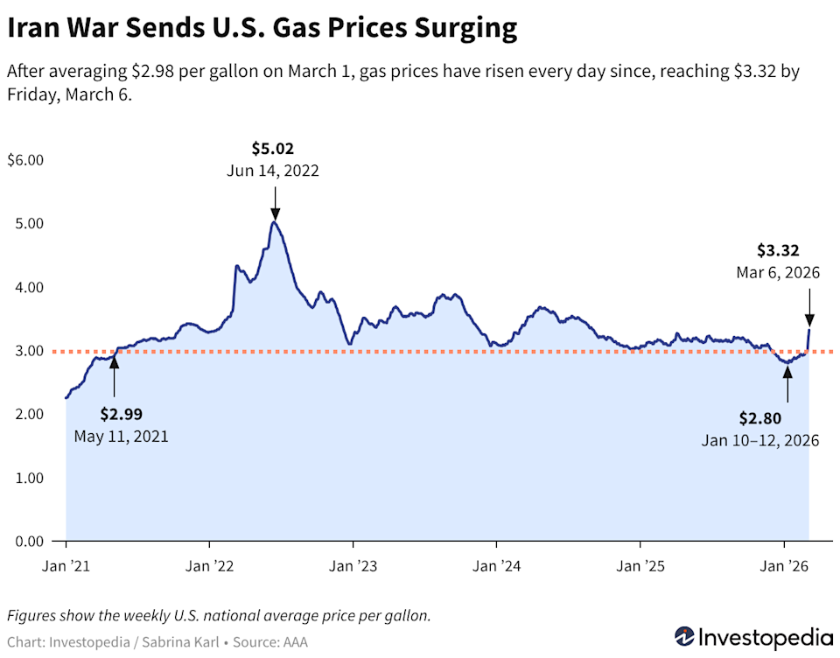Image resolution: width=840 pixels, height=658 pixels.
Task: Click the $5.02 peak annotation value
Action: [x=274, y=149]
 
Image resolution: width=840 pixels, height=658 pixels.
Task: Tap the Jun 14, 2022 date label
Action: [x=274, y=171]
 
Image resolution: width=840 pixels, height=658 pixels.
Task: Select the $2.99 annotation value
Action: [x=121, y=413]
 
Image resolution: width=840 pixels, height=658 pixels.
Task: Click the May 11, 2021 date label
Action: [x=121, y=435]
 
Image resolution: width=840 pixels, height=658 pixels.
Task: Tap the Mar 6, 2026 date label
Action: [x=778, y=273]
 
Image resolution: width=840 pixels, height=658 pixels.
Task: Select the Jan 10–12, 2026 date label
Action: [x=760, y=440]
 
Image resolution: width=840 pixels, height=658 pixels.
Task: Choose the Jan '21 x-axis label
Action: [x=66, y=566]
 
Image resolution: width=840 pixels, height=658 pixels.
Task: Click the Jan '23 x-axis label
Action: [x=352, y=566]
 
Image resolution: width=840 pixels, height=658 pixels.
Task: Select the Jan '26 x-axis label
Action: [x=785, y=566]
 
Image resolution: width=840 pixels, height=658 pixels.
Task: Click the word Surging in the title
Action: [x=458, y=29]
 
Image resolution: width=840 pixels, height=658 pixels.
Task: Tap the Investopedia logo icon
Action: [x=684, y=636]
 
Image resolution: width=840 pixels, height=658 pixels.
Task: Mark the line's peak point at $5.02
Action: [x=275, y=222]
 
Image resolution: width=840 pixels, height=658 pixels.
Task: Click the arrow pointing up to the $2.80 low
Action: [x=787, y=382]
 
